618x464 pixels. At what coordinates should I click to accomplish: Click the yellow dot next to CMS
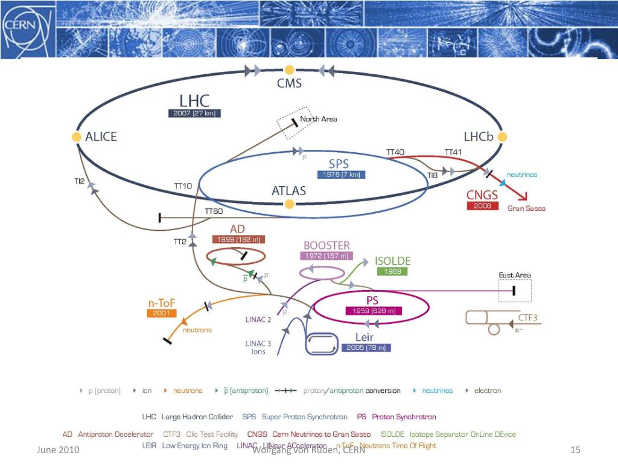pyautogui.click(x=290, y=70)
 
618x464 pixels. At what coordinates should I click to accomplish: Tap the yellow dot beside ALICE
pyautogui.click(x=77, y=137)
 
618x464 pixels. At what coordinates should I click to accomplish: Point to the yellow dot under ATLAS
pyautogui.click(x=290, y=204)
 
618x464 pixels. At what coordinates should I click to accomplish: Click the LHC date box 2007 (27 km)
pyautogui.click(x=194, y=113)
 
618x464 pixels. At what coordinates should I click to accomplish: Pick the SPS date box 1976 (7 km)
pyautogui.click(x=340, y=175)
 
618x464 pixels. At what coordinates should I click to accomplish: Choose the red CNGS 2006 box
pyautogui.click(x=482, y=206)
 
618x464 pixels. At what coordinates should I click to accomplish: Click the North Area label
pyautogui.click(x=318, y=119)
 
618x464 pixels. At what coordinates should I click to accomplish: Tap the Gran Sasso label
pyautogui.click(x=526, y=208)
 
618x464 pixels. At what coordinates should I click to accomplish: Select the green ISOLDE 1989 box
pyautogui.click(x=392, y=272)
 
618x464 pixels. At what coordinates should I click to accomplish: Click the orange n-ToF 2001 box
pyautogui.click(x=161, y=313)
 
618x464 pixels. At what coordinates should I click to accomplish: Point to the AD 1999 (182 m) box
pyautogui.click(x=238, y=239)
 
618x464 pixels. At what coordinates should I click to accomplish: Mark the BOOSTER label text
pyautogui.click(x=327, y=245)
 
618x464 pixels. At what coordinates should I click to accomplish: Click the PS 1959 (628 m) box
pyautogui.click(x=373, y=311)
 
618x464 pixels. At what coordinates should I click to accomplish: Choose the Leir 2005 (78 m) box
pyautogui.click(x=366, y=347)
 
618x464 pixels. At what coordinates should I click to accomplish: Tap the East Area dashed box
pyautogui.click(x=514, y=291)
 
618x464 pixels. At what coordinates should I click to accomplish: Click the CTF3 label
pyautogui.click(x=527, y=317)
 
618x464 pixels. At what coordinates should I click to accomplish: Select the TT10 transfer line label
pyautogui.click(x=183, y=186)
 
